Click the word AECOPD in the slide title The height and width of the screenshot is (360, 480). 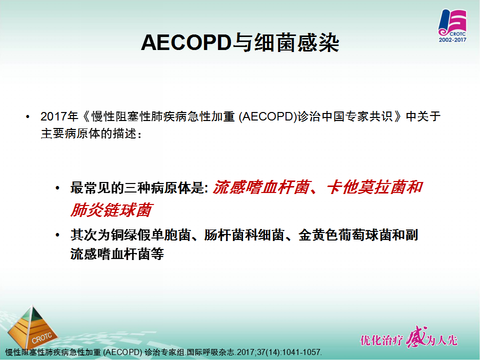[x=186, y=42]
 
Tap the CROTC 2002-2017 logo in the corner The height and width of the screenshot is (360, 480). [x=452, y=26]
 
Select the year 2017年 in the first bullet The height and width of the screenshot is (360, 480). [x=59, y=116]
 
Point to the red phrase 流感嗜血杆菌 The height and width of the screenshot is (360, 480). [x=261, y=187]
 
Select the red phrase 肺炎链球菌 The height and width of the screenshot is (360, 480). [x=111, y=210]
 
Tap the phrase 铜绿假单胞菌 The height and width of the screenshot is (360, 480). [x=150, y=235]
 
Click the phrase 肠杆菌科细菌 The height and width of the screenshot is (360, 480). [x=244, y=235]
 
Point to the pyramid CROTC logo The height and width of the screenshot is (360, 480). [x=32, y=327]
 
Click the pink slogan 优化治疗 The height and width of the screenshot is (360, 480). [x=381, y=340]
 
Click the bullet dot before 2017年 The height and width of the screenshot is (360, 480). [x=28, y=116]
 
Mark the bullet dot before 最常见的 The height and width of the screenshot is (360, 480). [x=57, y=187]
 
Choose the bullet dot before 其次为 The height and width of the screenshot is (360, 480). [x=57, y=235]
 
